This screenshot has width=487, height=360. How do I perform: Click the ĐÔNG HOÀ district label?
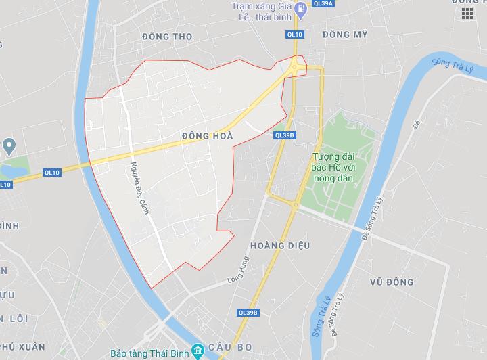(x=207, y=136)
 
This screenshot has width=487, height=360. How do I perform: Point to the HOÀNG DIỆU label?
(x=279, y=246)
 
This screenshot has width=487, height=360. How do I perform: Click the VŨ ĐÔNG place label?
(x=392, y=282)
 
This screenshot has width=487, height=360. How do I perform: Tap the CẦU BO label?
(x=235, y=347)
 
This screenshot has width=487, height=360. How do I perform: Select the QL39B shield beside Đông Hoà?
(x=285, y=135)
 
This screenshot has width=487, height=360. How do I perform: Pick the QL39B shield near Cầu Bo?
(x=248, y=313)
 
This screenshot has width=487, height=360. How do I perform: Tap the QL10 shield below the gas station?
(x=294, y=35)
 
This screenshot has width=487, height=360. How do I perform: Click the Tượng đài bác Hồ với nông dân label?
(x=338, y=167)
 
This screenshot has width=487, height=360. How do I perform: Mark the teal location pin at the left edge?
(x=9, y=145)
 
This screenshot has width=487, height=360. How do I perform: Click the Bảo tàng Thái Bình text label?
(x=151, y=353)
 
